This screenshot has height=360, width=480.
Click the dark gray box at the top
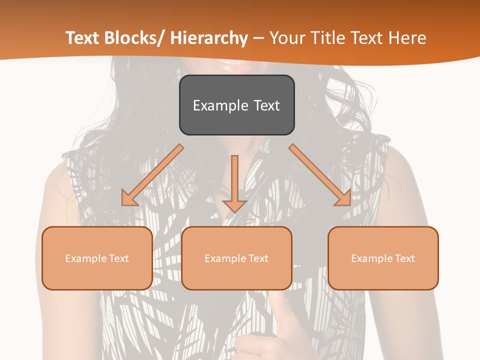click(x=236, y=105)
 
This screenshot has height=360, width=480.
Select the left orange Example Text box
click(x=97, y=258)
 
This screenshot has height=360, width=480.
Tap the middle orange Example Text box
click(x=236, y=258)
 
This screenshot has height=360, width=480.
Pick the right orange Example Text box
click(x=383, y=258)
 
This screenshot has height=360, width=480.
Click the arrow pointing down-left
click(x=152, y=175)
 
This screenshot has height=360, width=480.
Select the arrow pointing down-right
click(x=320, y=175)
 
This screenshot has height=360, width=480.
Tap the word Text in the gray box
click(x=266, y=105)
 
